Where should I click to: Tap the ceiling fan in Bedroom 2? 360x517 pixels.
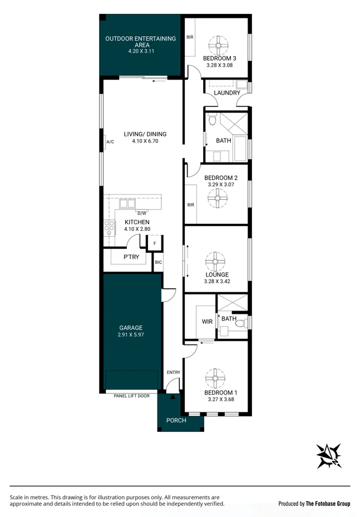coord(216,197)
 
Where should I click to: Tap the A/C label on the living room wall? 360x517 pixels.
coord(110,142)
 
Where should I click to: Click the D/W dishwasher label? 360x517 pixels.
coord(141,213)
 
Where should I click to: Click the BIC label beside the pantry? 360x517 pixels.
coord(158,262)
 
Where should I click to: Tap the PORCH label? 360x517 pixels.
coord(176,420)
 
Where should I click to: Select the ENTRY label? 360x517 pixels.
coord(174,372)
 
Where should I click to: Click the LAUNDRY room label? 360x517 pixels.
coord(226,93)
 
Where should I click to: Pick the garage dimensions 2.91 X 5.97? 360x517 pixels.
coord(131,335)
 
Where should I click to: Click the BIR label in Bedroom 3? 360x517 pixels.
coord(190,38)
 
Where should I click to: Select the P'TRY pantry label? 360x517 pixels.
coord(131,257)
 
